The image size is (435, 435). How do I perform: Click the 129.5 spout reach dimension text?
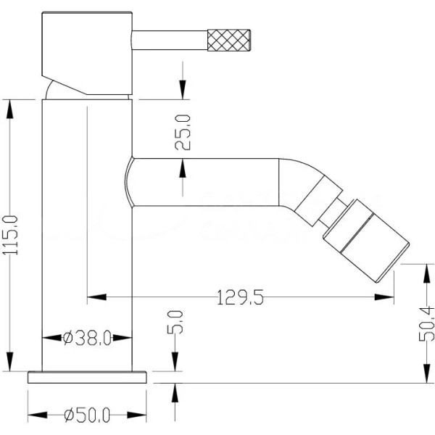click(240, 296)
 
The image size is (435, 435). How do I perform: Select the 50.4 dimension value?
click(427, 323)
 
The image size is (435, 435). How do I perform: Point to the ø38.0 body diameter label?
click(87, 338)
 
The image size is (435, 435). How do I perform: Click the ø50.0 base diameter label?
click(87, 415)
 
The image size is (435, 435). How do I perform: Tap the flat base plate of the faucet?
click(88, 377)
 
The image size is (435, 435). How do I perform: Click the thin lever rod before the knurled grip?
click(170, 37)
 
